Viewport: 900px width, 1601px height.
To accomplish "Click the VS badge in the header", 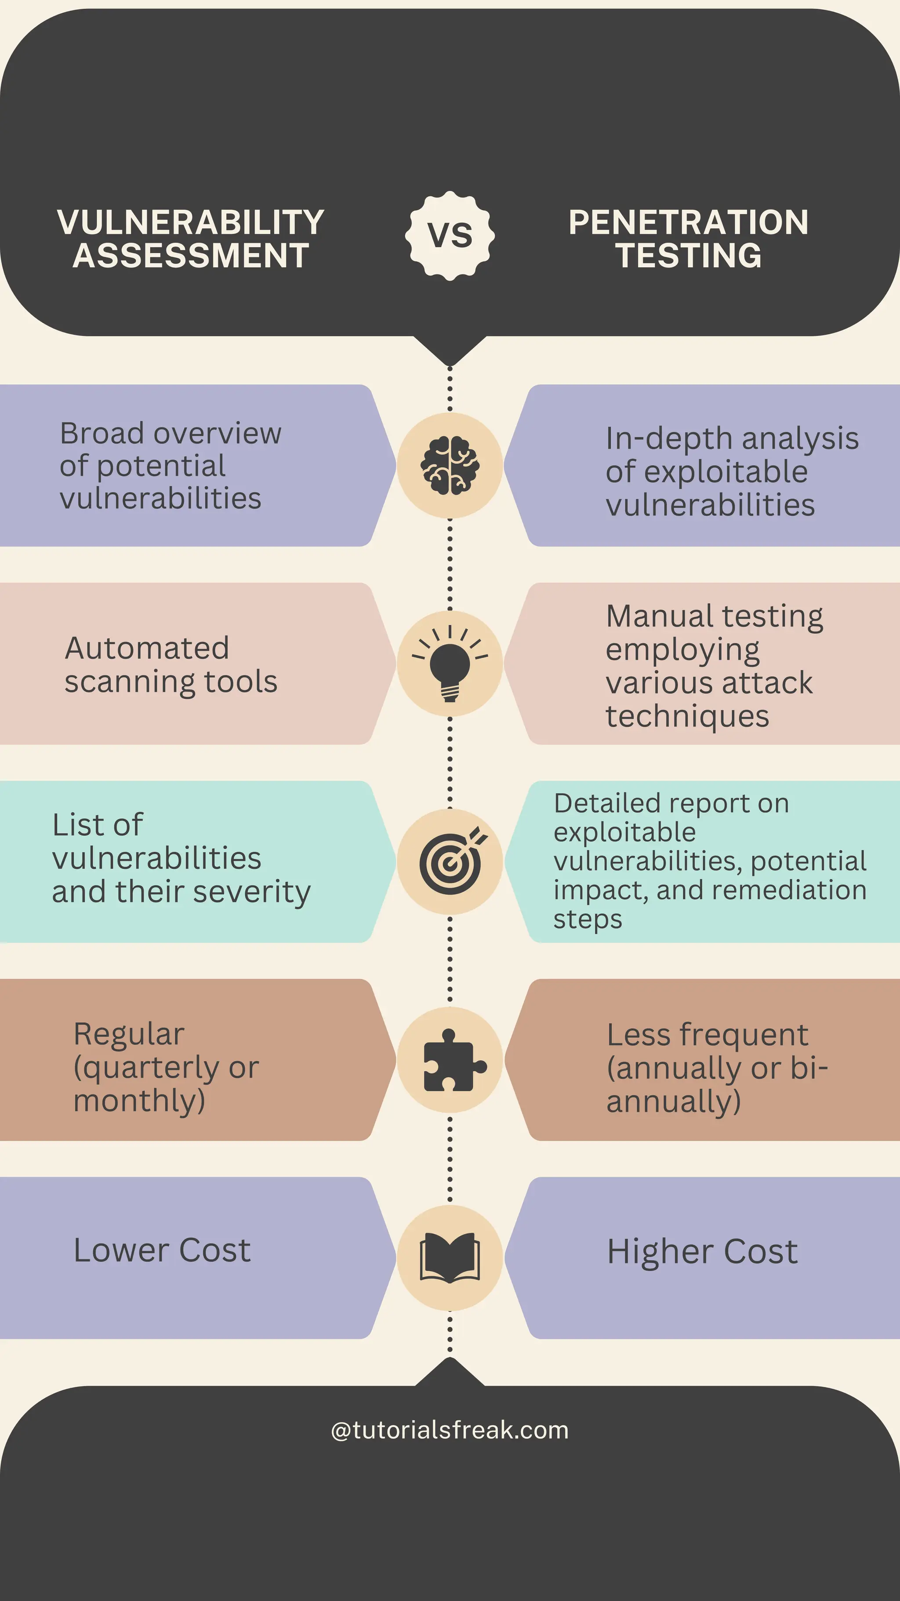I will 450,236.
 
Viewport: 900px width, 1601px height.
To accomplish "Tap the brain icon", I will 450,466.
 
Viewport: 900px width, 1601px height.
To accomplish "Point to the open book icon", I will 450,1258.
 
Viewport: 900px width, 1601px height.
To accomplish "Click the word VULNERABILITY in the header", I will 191,222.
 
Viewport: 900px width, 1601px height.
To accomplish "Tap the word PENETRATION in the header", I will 688,222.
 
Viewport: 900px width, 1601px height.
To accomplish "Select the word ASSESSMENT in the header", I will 191,255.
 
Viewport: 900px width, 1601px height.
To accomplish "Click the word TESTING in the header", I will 688,255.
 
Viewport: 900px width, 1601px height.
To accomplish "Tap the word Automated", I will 147,648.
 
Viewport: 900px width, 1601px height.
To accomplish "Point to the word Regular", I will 129,1035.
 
